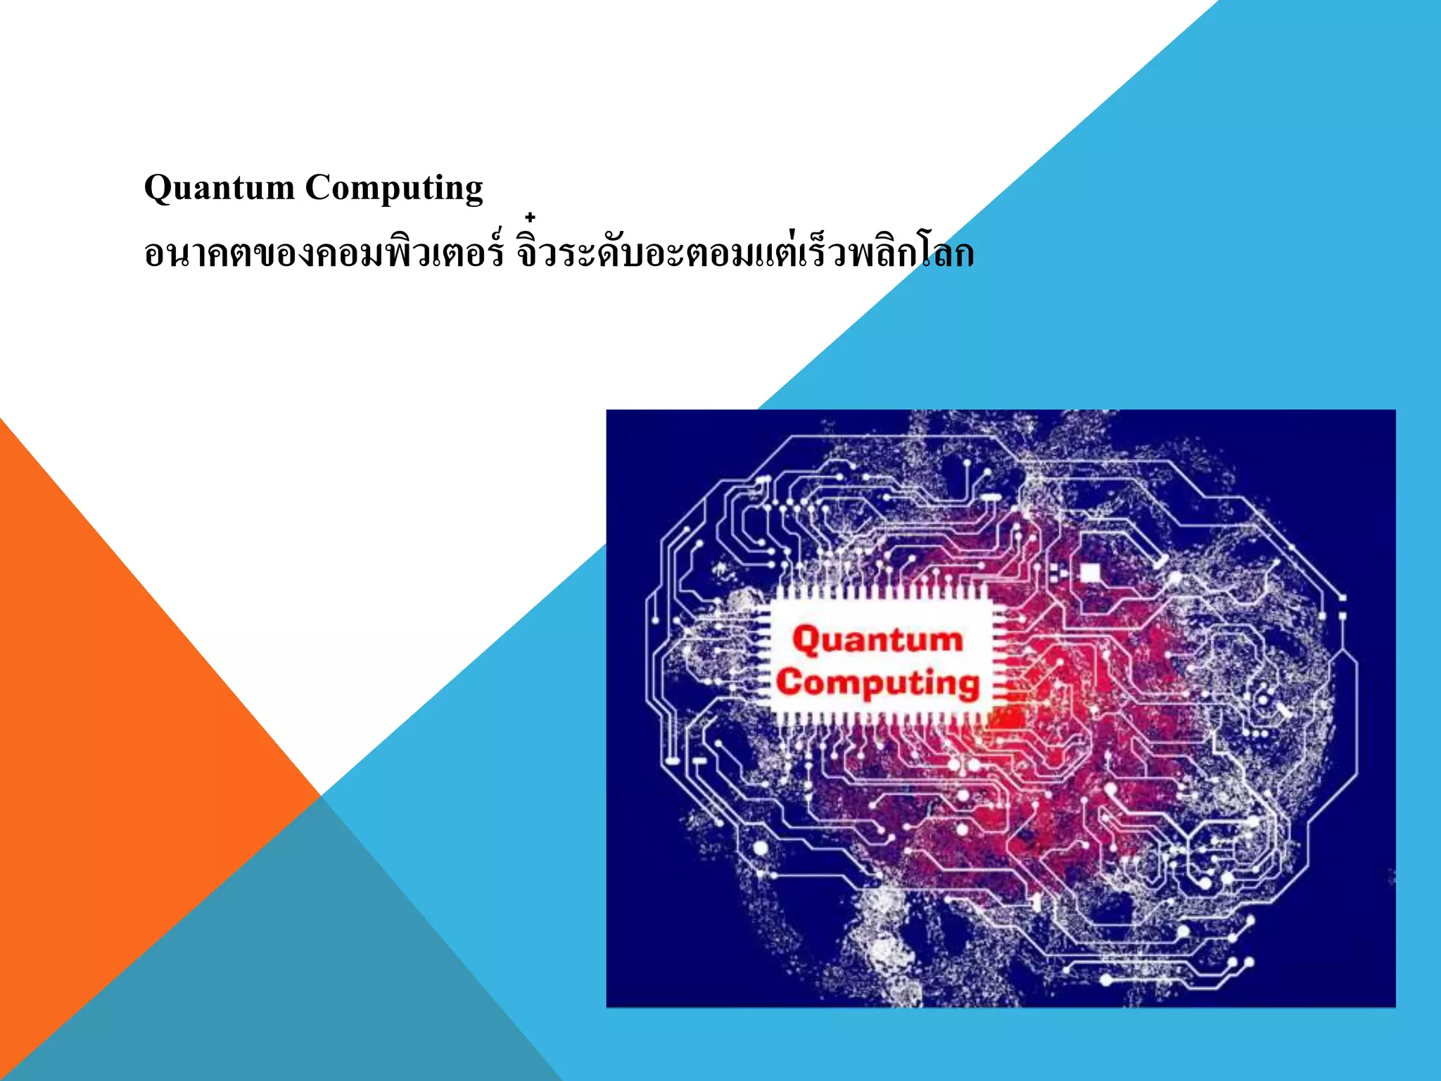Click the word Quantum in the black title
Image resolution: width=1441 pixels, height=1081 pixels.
click(x=219, y=188)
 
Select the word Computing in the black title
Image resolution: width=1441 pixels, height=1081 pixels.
click(x=393, y=188)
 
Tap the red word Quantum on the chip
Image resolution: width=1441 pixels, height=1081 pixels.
click(x=877, y=640)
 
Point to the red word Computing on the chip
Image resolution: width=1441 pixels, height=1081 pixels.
click(x=877, y=683)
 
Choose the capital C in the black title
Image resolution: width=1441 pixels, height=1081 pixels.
click(x=317, y=187)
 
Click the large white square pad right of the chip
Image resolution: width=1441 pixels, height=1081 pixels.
click(x=1089, y=573)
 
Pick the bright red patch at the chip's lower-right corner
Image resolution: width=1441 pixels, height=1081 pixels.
click(x=1010, y=718)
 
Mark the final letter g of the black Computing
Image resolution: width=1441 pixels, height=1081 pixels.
click(x=473, y=191)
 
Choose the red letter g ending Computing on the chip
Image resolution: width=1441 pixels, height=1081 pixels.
click(x=968, y=686)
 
